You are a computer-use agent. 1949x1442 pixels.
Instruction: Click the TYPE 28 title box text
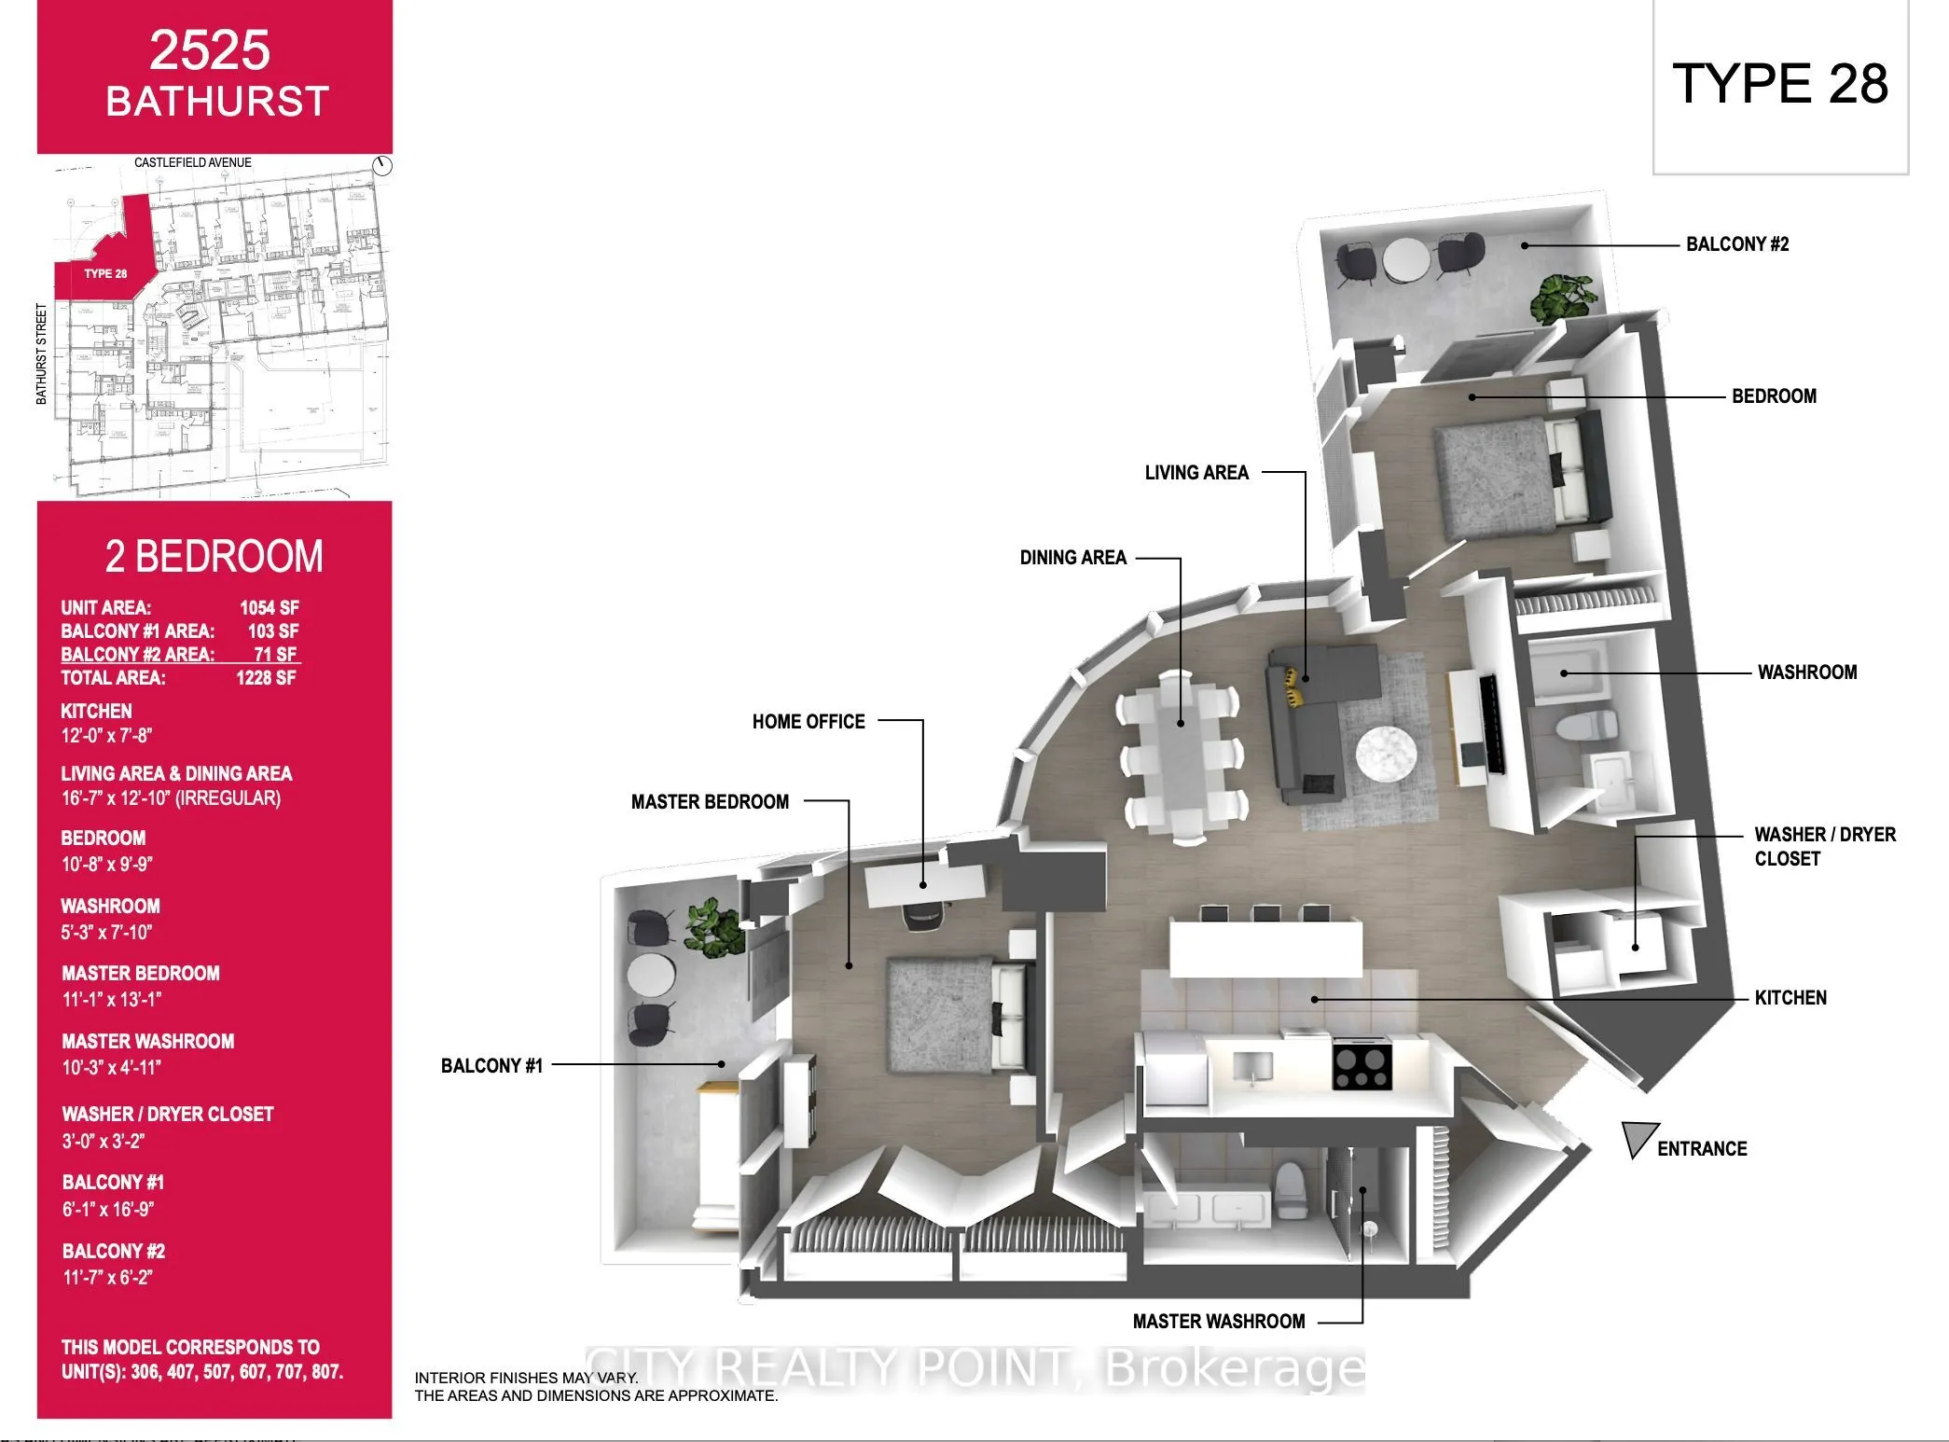click(1779, 84)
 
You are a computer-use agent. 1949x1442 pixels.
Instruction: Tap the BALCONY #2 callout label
click(1736, 244)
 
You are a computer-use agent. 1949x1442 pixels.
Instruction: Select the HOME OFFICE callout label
click(809, 721)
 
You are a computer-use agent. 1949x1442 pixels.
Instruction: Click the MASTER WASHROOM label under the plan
click(1218, 1321)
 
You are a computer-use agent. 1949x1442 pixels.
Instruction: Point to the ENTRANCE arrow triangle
click(1638, 1138)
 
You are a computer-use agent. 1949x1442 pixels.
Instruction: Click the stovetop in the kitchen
click(1362, 1066)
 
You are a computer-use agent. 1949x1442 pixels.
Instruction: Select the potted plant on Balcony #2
click(1564, 297)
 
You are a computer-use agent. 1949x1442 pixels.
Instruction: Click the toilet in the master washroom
click(1291, 1191)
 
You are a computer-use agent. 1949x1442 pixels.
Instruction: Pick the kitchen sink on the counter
click(1251, 1065)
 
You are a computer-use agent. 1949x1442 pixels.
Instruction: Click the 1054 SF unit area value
click(269, 608)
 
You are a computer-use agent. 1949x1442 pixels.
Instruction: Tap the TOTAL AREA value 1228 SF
click(266, 678)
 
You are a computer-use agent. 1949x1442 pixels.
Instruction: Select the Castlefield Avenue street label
click(192, 162)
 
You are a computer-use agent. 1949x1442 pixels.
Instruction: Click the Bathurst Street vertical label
click(41, 354)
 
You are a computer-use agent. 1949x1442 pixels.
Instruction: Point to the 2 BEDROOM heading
click(214, 556)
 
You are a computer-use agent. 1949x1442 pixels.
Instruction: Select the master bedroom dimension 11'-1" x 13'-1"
click(112, 999)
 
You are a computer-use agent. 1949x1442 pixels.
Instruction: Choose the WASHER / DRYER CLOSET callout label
click(1824, 846)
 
